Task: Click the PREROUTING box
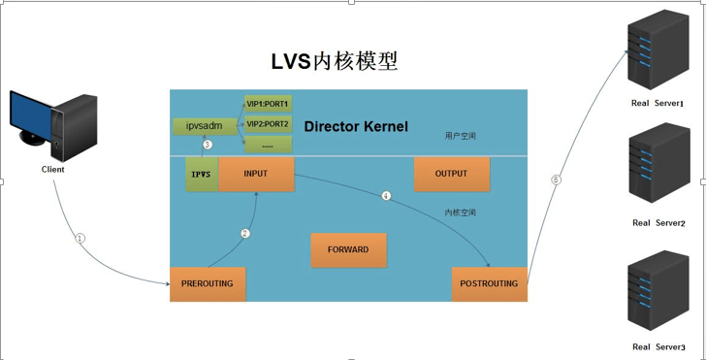208,283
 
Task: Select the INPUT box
256,174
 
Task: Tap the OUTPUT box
451,174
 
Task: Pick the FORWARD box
348,249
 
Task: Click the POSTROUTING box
489,283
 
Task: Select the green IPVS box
202,174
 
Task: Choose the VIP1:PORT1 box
268,103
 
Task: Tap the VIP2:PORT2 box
268,123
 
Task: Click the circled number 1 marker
80,238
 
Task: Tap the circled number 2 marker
245,233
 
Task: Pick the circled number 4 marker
386,196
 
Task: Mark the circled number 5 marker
556,179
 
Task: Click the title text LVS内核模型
334,61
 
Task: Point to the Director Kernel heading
356,127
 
